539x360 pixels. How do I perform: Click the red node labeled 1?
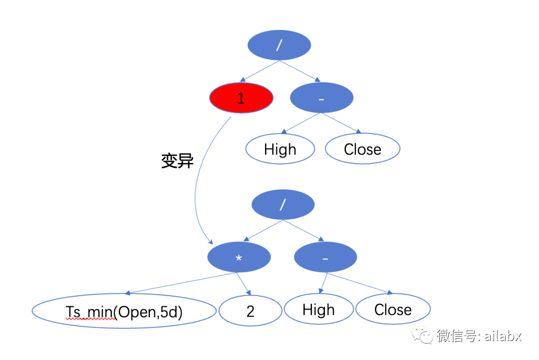pos(241,98)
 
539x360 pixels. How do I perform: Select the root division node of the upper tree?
pos(279,45)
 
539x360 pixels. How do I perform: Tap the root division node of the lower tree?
pos(283,204)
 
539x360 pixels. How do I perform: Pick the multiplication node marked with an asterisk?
pos(239,257)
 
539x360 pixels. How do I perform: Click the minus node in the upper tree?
pos(321,98)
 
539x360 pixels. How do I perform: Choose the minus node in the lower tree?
pos(325,258)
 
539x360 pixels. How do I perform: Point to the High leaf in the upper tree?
pos(280,150)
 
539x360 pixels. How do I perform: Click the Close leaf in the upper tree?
pos(362,150)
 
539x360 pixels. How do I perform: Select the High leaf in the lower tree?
pos(318,310)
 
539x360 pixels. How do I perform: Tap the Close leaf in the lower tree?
pos(393,310)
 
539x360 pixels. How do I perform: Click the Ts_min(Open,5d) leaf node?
pos(124,311)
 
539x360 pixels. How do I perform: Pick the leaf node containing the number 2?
pos(250,311)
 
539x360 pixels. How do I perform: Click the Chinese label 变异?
pos(177,161)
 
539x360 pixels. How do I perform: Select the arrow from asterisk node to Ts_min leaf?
pos(180,284)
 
